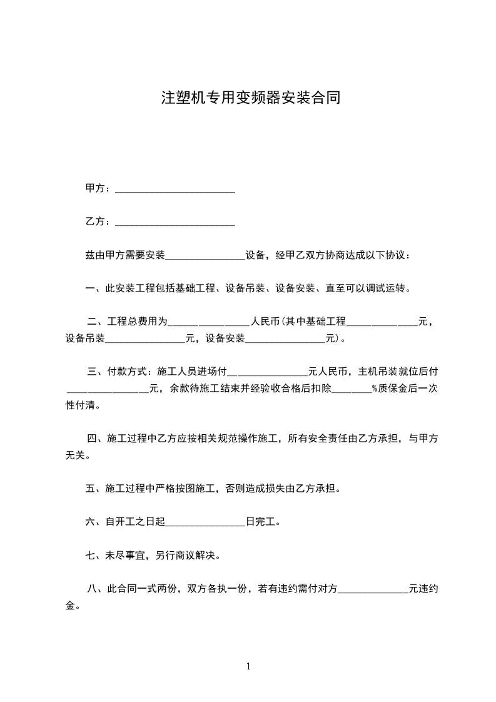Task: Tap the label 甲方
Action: point(95,188)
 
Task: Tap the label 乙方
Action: point(95,221)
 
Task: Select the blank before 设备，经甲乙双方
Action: point(205,256)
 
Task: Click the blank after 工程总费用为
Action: point(210,323)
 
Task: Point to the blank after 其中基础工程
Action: point(382,323)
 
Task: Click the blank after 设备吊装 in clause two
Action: point(145,340)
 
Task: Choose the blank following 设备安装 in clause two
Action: point(286,340)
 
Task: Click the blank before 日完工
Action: point(206,522)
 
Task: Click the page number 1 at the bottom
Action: point(248,666)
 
